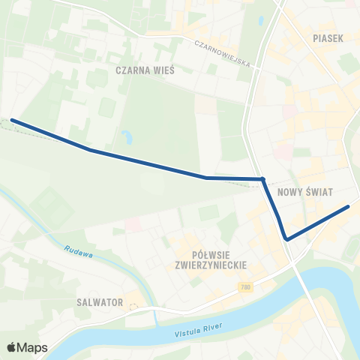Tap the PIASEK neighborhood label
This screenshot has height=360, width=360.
327,37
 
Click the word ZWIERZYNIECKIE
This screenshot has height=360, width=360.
210,265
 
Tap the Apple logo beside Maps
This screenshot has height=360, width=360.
13,347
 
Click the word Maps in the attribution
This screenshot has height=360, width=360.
34,347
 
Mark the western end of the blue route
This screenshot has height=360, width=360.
12,120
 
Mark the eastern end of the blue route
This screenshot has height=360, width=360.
349,206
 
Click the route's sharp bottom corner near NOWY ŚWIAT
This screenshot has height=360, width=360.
286,239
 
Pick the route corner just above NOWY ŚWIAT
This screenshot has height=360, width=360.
262,178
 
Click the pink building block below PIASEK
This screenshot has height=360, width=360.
283,151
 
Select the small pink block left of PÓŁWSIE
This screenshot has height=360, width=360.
133,223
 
